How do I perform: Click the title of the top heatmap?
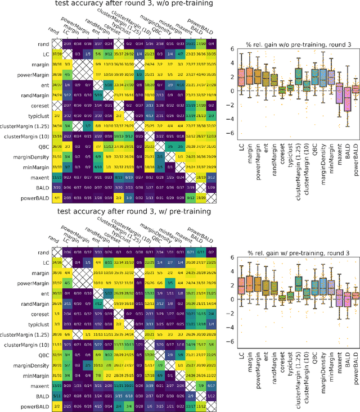pyautogui.click(x=134, y=4)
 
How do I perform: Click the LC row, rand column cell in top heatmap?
pyautogui.click(x=57, y=53)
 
